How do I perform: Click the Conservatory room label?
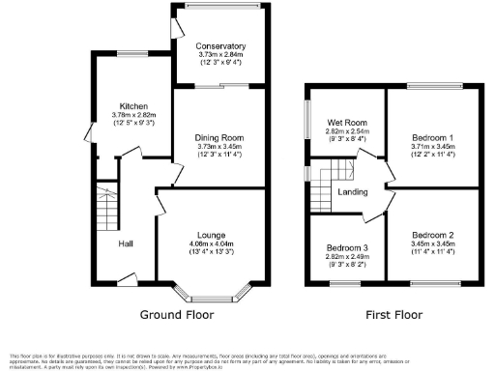[x=220, y=45]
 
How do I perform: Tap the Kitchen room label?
[x=133, y=106]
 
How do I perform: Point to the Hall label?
[x=126, y=243]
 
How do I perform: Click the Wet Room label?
[x=345, y=122]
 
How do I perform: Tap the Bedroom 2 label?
[x=432, y=235]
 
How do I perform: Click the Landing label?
[x=351, y=190]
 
